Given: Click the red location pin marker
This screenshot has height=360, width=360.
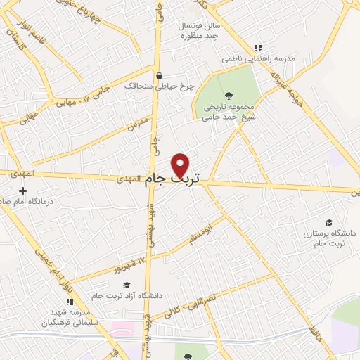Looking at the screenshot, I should (x=181, y=165).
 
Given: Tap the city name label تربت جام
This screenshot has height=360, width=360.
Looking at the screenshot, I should (x=173, y=181).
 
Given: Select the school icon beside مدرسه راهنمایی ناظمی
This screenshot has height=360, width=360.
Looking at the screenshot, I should (x=258, y=48).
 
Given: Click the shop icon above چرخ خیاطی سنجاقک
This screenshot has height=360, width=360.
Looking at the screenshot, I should (x=160, y=75).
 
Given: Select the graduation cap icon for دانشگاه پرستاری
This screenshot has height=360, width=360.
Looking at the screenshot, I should (x=329, y=221).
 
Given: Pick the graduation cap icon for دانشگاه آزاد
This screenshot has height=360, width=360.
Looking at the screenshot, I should (x=127, y=285).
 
